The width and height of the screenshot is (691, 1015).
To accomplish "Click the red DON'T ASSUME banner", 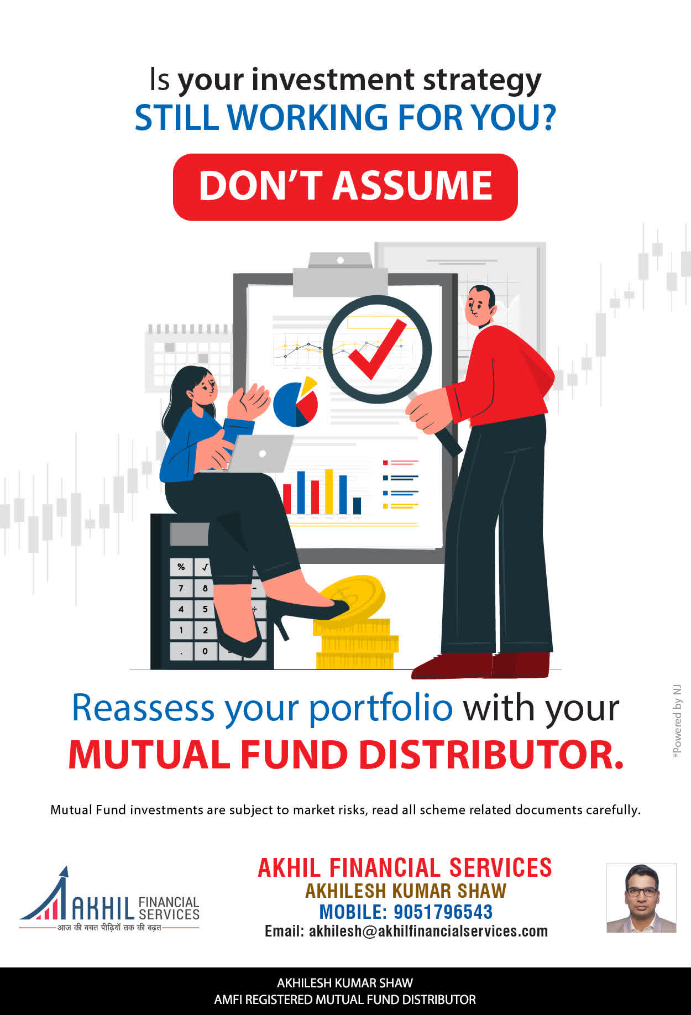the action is (x=345, y=187).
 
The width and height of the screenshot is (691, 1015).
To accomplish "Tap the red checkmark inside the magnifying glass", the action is (x=377, y=350).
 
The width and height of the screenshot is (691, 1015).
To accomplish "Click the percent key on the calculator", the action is (x=181, y=567).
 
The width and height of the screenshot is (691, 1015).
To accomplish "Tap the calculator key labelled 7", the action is (x=181, y=588).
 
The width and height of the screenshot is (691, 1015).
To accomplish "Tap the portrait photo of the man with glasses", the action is (x=641, y=898).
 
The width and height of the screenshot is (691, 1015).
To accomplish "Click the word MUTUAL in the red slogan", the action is (x=149, y=755).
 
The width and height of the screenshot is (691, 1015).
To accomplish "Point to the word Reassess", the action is (x=143, y=708).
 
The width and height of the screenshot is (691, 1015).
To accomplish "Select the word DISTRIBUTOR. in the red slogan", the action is (x=491, y=755).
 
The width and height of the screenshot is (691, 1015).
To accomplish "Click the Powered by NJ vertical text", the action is (x=677, y=721).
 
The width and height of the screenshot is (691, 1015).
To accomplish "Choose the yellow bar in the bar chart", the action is (x=329, y=491).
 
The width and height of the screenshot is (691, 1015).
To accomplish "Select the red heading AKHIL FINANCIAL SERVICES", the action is (x=405, y=868).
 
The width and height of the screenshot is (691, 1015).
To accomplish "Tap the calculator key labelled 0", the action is (x=205, y=651).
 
